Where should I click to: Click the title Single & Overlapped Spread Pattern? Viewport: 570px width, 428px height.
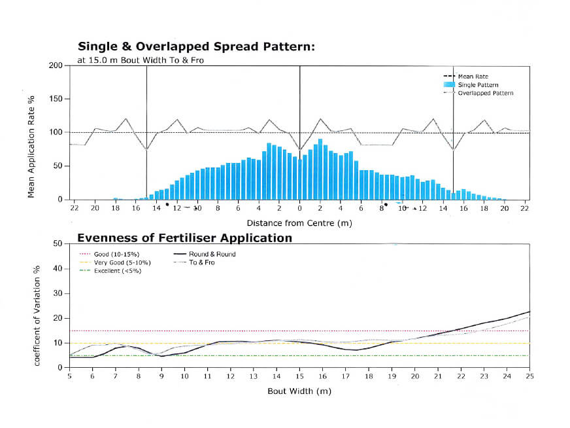[196, 46]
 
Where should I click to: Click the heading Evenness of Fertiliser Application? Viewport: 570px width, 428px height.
[185, 238]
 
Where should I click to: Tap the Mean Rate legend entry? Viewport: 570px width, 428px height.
[473, 77]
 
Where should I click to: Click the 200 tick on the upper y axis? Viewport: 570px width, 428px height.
[56, 65]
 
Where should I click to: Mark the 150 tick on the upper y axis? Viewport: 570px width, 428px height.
[56, 99]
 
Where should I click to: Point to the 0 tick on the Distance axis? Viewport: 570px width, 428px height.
[299, 208]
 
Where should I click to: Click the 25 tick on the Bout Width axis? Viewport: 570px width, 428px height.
[529, 376]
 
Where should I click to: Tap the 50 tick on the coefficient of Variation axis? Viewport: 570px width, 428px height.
[58, 243]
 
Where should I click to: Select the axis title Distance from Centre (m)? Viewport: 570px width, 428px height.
[299, 223]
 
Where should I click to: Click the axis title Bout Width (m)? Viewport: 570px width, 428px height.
[299, 391]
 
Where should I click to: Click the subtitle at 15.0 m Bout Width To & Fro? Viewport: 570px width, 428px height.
[132, 60]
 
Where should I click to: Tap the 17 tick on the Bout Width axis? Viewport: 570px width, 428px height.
[345, 376]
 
